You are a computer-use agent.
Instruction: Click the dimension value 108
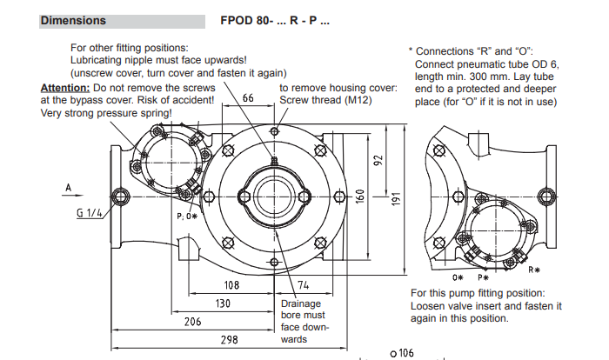click(231, 284)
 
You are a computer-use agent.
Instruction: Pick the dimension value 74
click(304, 284)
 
